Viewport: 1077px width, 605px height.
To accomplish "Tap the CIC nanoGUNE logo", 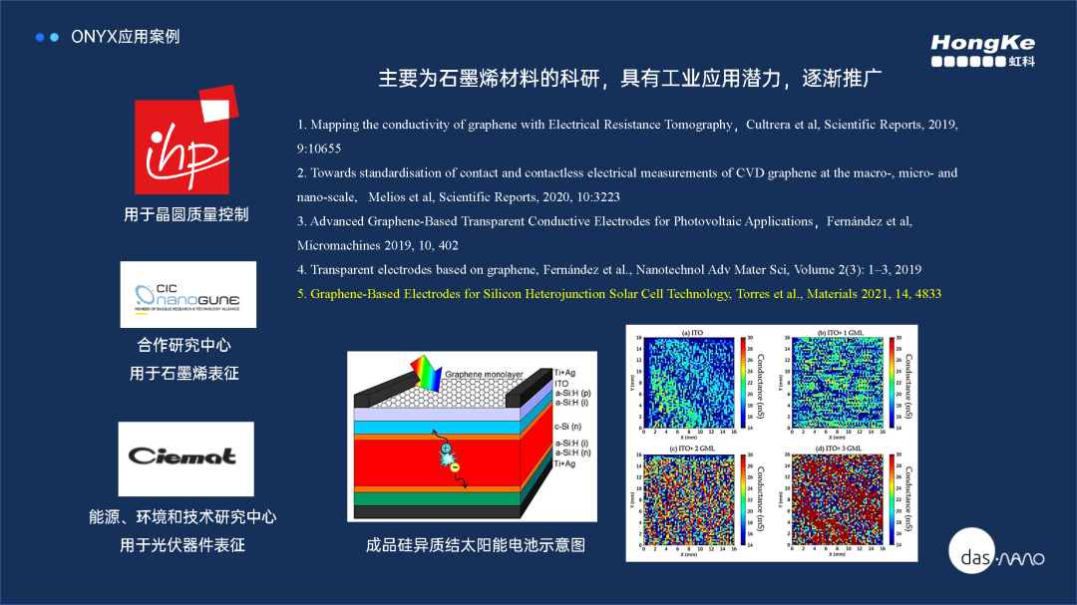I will tap(187, 295).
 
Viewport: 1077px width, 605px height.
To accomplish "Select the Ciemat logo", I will tap(185, 457).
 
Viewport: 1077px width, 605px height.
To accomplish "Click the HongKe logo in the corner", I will tap(982, 50).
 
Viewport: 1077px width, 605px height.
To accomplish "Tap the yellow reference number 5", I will tap(301, 294).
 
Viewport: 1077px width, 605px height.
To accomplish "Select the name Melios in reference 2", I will tap(387, 197).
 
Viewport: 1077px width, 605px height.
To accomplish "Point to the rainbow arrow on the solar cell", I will tap(425, 374).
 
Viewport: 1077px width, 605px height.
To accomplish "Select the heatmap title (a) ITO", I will tap(692, 331).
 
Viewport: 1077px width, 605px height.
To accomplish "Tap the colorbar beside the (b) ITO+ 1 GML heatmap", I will tap(891, 383).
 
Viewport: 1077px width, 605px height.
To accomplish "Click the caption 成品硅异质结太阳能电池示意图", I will tap(475, 545).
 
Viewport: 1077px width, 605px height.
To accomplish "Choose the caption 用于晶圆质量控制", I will tap(185, 214).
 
